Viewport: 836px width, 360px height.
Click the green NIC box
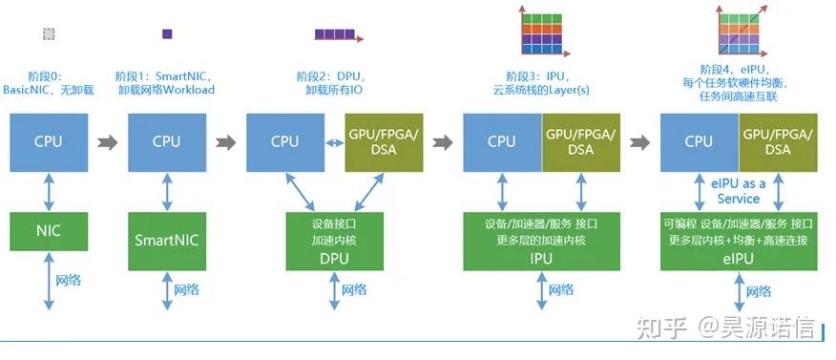[49, 230]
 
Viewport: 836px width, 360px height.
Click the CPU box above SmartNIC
[166, 141]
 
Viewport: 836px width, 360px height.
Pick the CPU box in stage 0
[49, 141]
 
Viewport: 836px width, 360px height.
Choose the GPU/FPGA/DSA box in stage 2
[381, 141]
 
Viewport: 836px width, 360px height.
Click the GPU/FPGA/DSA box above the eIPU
[778, 141]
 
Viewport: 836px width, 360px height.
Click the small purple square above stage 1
[167, 33]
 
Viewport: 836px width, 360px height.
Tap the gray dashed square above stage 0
[49, 33]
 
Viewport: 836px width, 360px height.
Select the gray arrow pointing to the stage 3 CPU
[442, 142]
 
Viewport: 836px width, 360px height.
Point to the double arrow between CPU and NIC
[49, 189]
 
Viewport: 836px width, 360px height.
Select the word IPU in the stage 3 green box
[542, 258]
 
